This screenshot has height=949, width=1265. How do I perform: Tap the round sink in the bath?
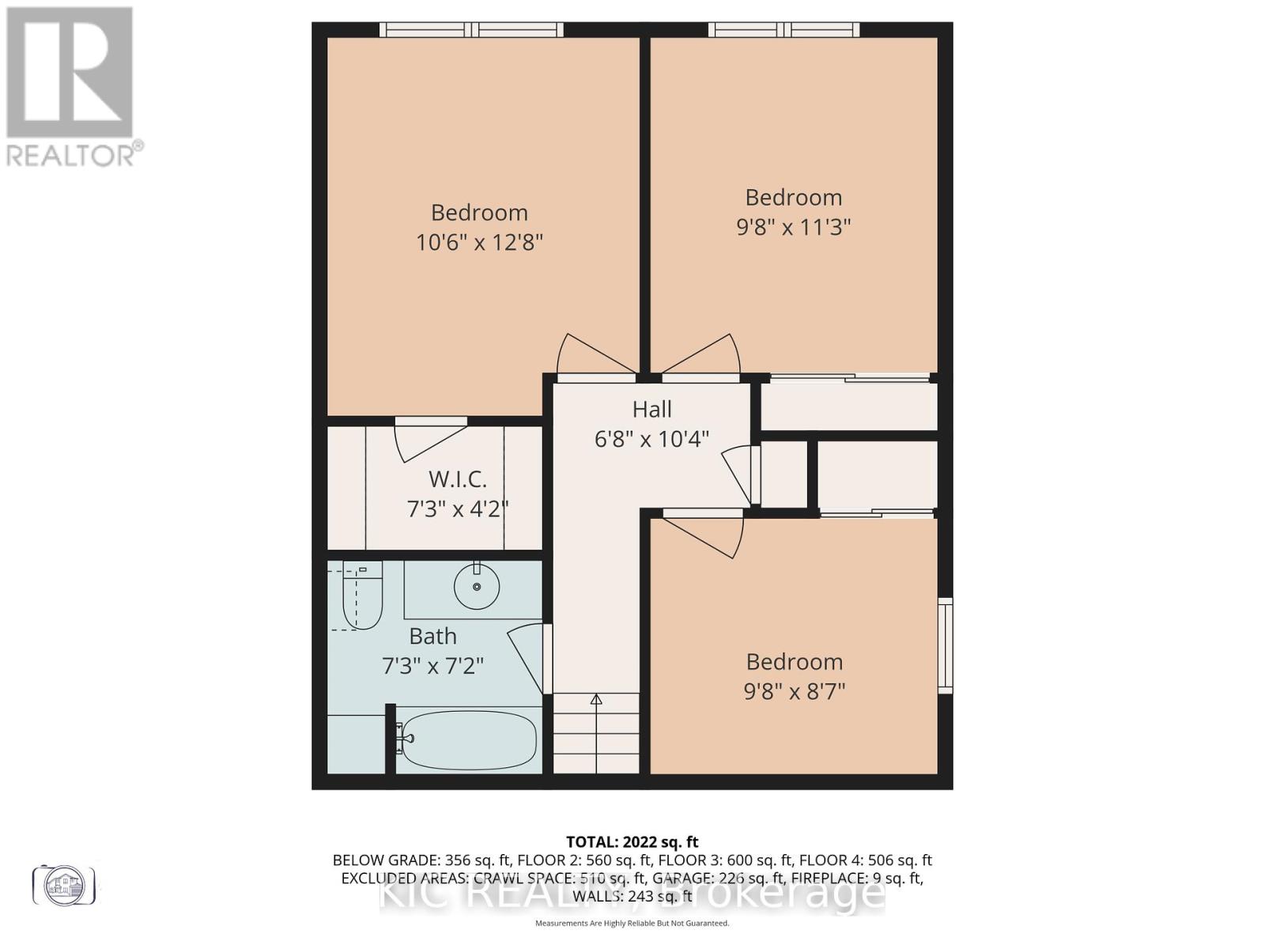coord(476,586)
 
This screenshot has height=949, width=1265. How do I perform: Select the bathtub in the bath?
coord(466,739)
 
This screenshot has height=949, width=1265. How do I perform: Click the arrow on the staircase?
coord(596,699)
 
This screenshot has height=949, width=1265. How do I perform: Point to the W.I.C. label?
coord(457,479)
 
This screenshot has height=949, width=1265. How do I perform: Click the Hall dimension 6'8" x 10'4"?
coord(651,439)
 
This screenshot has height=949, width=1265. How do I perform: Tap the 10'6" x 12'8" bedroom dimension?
coord(479,242)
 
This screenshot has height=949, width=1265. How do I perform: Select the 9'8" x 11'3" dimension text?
coord(793,228)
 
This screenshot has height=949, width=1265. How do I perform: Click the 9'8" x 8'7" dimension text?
coord(794,692)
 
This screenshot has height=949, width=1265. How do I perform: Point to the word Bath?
coord(432,636)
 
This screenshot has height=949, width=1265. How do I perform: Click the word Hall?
coord(651,409)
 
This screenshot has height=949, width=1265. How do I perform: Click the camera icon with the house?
coord(64,884)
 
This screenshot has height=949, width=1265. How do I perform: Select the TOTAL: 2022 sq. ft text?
coord(632,842)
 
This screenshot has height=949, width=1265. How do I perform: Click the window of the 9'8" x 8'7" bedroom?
coord(945,646)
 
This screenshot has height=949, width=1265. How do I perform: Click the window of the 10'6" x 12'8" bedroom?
coord(471,30)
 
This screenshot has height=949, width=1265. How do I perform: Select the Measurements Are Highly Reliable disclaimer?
coord(632,923)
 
